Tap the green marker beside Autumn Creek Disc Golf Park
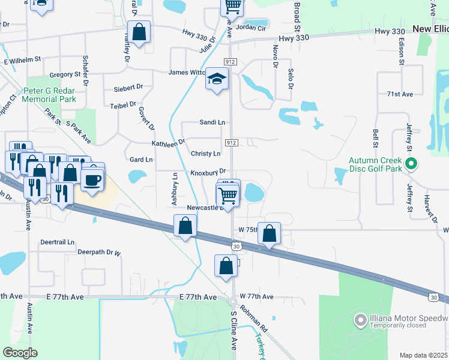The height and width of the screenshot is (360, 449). click(x=411, y=163)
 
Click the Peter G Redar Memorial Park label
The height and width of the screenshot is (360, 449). click(x=49, y=94)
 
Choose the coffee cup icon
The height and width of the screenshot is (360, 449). click(x=92, y=179)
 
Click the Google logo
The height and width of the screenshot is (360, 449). click(x=20, y=353)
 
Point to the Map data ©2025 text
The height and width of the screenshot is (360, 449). click(x=423, y=355)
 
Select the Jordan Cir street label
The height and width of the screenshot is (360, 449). click(x=250, y=28)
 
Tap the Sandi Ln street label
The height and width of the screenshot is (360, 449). click(x=212, y=122)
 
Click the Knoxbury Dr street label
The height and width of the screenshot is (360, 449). click(x=208, y=172)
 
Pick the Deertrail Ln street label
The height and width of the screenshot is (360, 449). click(x=58, y=242)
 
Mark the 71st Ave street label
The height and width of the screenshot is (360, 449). click(x=400, y=94)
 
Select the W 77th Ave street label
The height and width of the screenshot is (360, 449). click(x=256, y=296)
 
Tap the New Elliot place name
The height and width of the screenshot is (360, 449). click(x=430, y=29)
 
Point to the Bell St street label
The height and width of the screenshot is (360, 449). click(x=375, y=139)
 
